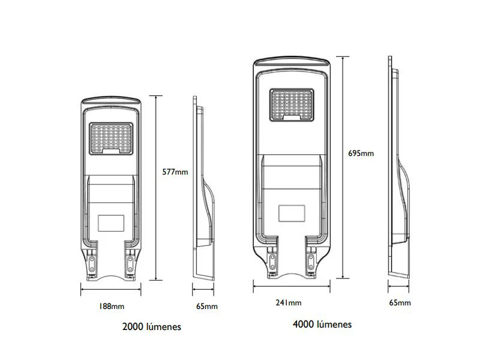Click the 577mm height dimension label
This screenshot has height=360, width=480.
175,172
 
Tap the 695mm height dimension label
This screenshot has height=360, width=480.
361,154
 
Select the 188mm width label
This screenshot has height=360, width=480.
112,306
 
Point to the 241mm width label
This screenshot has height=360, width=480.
289,303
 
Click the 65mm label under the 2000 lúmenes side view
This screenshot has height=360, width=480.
207,306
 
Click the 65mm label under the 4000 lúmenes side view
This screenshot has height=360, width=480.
400,303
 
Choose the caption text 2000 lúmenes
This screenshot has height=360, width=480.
152,326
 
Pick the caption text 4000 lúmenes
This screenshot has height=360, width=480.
322,324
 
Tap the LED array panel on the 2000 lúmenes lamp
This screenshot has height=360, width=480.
111,139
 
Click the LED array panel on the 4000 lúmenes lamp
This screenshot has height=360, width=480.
292,105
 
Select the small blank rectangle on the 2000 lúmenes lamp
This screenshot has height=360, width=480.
111,223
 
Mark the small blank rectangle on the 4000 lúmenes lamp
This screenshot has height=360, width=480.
292,214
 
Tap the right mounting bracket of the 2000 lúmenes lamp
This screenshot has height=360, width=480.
130,261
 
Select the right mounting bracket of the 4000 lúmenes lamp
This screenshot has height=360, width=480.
311,257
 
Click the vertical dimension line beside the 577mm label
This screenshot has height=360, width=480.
156,188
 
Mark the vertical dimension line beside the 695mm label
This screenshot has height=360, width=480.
343,167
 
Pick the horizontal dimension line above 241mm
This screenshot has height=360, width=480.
292,286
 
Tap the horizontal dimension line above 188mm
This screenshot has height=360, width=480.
111,289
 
